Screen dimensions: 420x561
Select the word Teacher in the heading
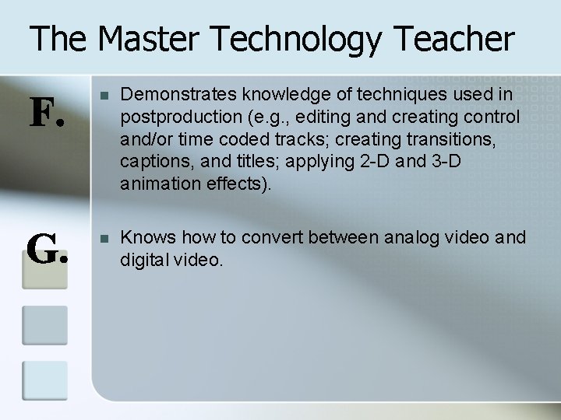(x=455, y=39)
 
